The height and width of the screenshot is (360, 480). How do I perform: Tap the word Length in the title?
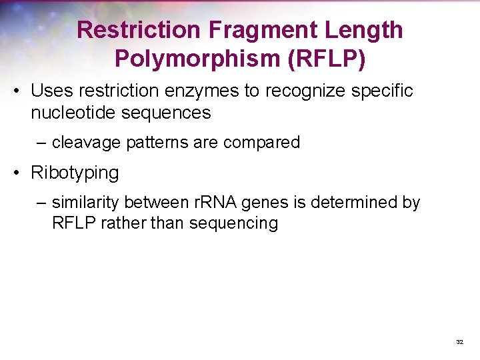click(x=370, y=30)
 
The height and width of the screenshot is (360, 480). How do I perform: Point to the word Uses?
click(x=50, y=91)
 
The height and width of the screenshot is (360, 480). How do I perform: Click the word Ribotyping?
click(x=75, y=173)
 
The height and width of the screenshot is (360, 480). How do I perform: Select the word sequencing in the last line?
click(x=233, y=223)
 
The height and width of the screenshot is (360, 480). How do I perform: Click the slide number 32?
click(x=459, y=341)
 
